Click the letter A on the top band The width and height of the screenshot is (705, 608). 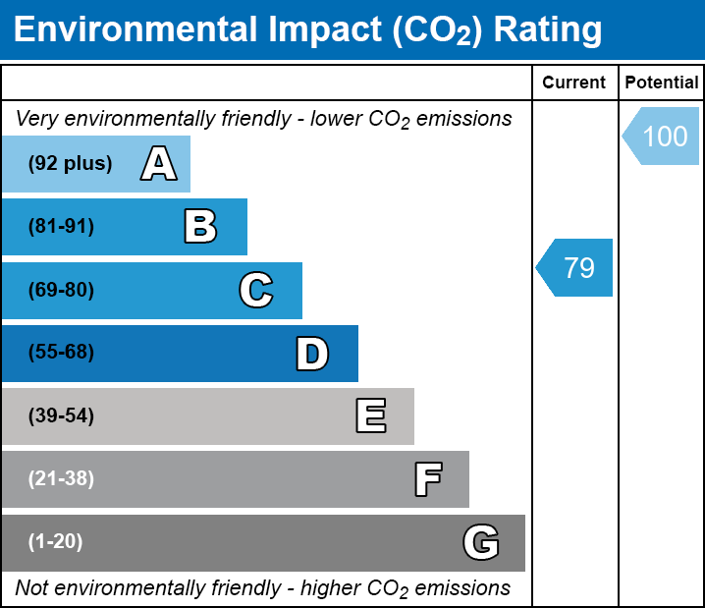(x=158, y=164)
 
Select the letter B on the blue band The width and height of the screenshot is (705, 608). (x=200, y=227)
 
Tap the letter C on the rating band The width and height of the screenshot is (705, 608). (x=255, y=290)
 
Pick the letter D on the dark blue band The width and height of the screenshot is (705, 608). (x=312, y=354)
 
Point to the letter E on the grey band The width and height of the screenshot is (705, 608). (x=370, y=416)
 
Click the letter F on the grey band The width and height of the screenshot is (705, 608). (x=427, y=479)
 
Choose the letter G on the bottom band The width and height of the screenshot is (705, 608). (x=481, y=542)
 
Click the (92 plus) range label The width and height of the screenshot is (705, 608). (x=70, y=164)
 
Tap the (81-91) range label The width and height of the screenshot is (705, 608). (x=61, y=227)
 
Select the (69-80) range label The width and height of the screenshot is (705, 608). (x=61, y=290)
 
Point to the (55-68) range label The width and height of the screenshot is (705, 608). (x=61, y=353)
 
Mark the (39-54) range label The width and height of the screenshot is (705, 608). (x=61, y=416)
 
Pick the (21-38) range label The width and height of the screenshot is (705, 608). (x=61, y=479)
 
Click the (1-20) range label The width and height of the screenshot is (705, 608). (x=56, y=542)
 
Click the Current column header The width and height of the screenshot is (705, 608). (x=574, y=83)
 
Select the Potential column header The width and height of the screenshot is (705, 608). (x=662, y=83)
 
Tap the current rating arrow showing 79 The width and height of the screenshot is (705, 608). (x=576, y=267)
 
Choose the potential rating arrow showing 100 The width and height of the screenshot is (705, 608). (x=663, y=136)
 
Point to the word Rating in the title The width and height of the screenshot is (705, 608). (x=547, y=29)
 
